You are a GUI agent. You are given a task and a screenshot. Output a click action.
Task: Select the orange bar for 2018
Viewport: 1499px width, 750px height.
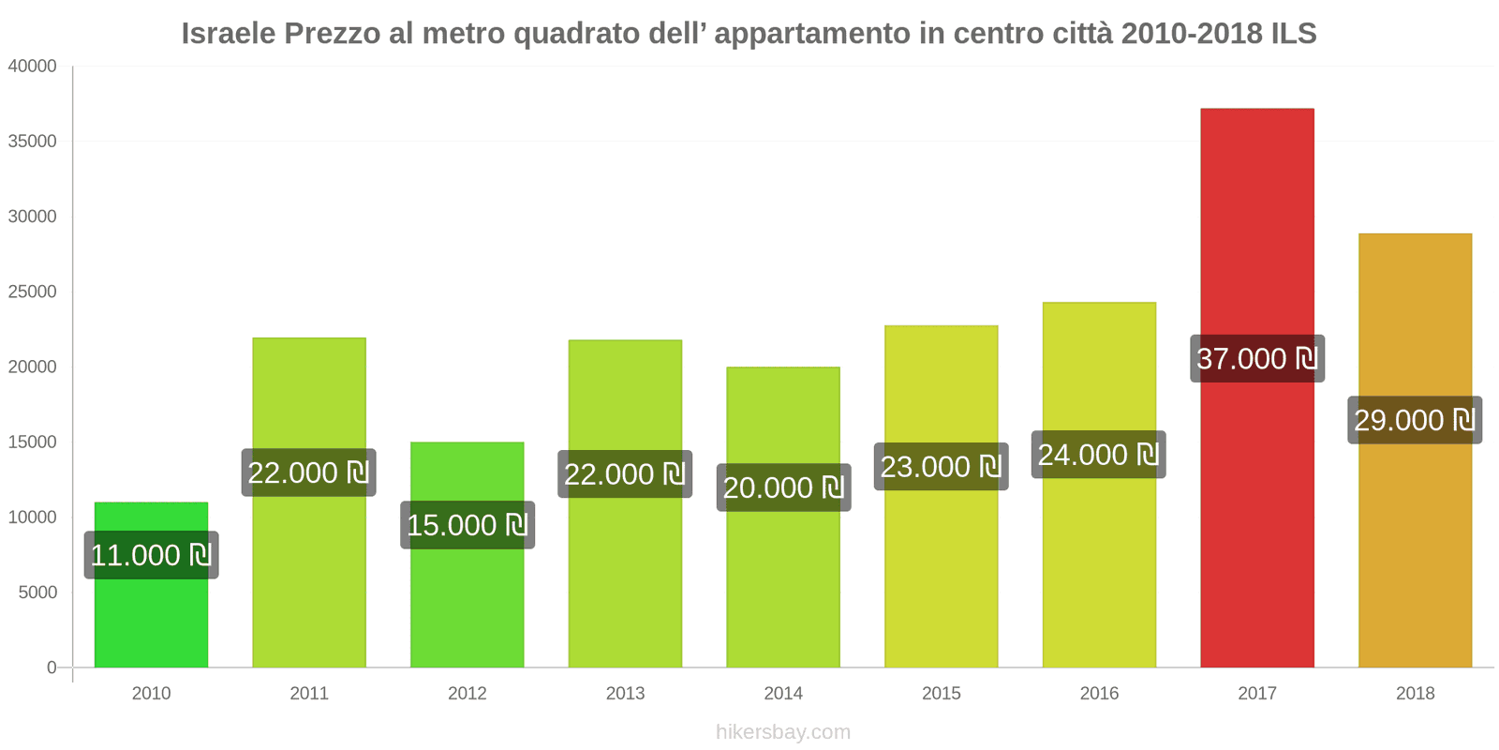click(x=1415, y=562)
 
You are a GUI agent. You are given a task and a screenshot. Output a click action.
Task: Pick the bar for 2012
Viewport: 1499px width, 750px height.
click(x=467, y=609)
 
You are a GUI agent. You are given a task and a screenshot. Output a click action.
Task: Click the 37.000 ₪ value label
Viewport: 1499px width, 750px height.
click(x=1256, y=358)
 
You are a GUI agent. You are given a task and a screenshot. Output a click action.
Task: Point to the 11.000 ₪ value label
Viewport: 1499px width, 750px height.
click(x=151, y=555)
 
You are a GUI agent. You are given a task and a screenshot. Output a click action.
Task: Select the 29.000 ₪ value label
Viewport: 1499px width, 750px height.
click(x=1415, y=420)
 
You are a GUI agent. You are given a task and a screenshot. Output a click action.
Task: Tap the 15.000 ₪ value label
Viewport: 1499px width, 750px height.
click(x=467, y=525)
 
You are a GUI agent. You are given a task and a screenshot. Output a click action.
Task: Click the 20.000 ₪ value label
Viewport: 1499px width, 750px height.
click(x=783, y=487)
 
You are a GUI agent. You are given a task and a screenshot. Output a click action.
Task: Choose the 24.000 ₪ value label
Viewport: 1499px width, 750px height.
click(x=1098, y=455)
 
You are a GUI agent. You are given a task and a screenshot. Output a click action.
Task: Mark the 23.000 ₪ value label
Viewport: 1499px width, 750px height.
click(x=941, y=467)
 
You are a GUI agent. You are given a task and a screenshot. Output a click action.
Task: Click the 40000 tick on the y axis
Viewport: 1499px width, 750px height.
click(x=33, y=67)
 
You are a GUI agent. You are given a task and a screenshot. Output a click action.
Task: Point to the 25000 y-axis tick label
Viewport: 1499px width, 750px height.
click(x=33, y=292)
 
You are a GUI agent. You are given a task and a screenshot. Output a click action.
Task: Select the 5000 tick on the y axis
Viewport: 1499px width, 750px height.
click(x=37, y=592)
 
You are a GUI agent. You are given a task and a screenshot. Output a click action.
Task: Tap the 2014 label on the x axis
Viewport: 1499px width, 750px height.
click(x=783, y=694)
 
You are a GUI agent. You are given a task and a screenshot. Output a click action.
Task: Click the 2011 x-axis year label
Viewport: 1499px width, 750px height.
click(x=309, y=694)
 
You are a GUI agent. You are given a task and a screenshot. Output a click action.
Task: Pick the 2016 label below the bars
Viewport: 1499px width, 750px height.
click(x=1099, y=694)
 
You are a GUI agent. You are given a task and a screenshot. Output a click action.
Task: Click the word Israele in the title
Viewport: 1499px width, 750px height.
click(x=229, y=34)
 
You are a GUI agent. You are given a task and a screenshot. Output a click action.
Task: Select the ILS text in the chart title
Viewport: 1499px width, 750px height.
click(x=1293, y=34)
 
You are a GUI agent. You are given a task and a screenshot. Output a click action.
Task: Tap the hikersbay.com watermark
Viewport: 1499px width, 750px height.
click(x=783, y=732)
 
